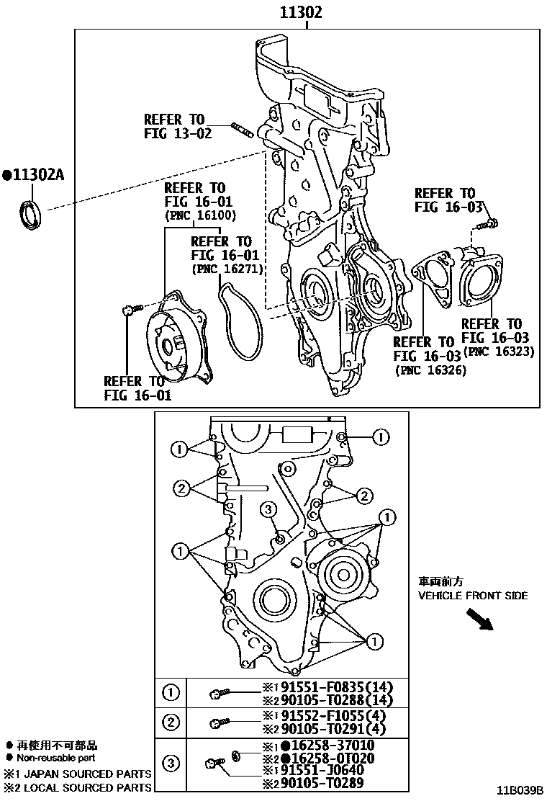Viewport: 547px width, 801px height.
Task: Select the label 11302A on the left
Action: pos(34,174)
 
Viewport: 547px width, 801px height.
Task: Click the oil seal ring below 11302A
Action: pos(30,215)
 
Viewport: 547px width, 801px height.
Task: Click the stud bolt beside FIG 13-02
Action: pos(244,130)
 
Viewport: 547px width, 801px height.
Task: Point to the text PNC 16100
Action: pos(199,215)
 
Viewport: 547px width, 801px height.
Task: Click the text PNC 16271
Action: pos(227,269)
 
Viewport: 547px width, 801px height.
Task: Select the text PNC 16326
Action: pos(430,370)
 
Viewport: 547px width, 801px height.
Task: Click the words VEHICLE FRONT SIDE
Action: pos(473,596)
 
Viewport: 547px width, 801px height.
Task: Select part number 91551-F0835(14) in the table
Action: pos(331,686)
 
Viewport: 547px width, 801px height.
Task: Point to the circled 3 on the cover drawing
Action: pos(268,510)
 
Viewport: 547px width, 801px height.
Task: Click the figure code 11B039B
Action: pos(520,790)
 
